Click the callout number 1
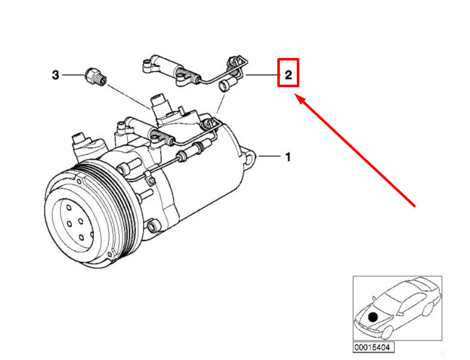pyautogui.click(x=288, y=157)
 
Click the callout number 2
pyautogui.click(x=288, y=75)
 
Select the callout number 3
pyautogui.click(x=55, y=75)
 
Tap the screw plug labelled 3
pyautogui.click(x=96, y=77)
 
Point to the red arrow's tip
pyautogui.click(x=294, y=94)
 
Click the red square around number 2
pyautogui.click(x=288, y=73)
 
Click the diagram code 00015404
pyautogui.click(x=373, y=347)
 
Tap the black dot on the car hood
pyautogui.click(x=373, y=317)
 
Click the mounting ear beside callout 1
pyautogui.click(x=250, y=158)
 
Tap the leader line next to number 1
pyautogui.click(x=270, y=156)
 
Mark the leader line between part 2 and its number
pyautogui.click(x=261, y=75)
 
